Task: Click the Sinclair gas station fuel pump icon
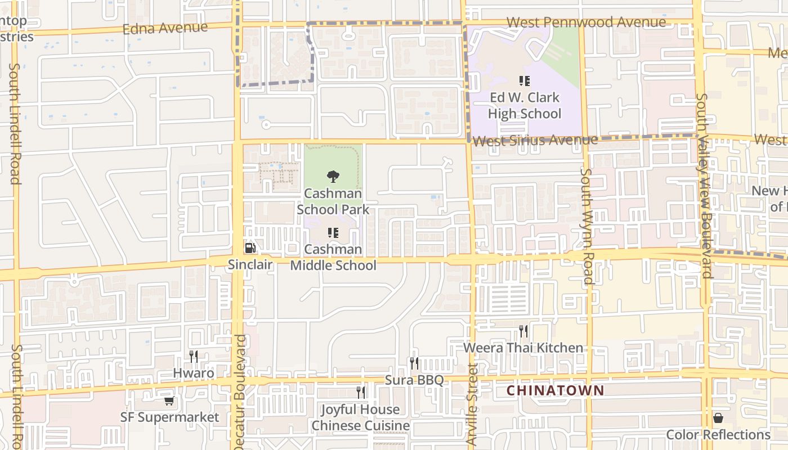tap(250, 247)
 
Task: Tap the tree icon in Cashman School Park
tap(333, 177)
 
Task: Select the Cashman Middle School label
tap(333, 257)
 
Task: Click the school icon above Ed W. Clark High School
tap(525, 81)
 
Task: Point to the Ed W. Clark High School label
tap(525, 106)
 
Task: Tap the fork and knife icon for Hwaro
tap(194, 356)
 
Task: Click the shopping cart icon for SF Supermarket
tap(169, 400)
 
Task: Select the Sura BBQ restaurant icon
tap(414, 363)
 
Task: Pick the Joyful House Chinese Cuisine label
tap(360, 417)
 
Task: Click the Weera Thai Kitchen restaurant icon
tap(523, 331)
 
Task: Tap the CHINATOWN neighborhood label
tap(555, 390)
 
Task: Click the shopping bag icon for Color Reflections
tap(718, 418)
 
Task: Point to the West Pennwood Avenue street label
tap(586, 22)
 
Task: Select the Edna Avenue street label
tap(165, 28)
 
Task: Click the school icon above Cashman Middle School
tap(333, 232)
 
